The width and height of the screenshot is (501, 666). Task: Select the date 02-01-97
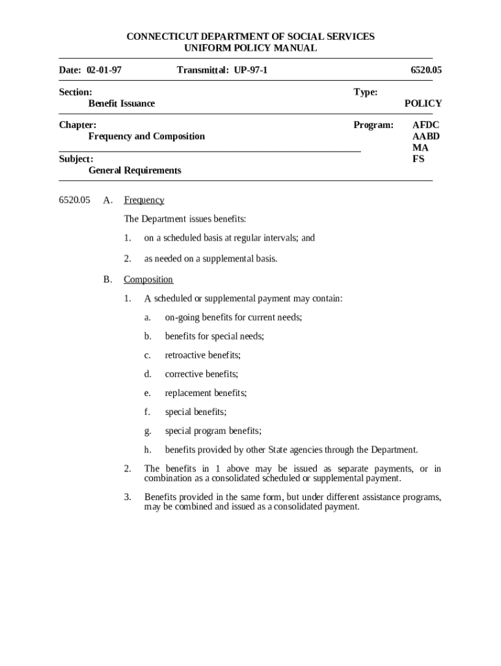(x=104, y=70)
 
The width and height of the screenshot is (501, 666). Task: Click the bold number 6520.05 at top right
(x=426, y=70)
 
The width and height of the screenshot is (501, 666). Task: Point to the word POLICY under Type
(x=423, y=103)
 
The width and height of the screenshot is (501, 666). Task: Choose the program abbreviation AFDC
(x=426, y=124)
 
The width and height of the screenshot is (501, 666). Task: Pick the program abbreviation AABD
(x=426, y=136)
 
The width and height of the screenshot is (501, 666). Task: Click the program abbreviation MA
(x=420, y=148)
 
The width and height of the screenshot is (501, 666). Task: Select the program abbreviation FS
(x=418, y=159)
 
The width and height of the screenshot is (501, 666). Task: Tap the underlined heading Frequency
(x=144, y=200)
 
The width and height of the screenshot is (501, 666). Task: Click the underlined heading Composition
(x=148, y=280)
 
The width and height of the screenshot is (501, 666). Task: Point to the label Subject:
(x=76, y=159)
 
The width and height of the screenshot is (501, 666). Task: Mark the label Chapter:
(x=78, y=124)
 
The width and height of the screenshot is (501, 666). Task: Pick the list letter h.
(x=148, y=449)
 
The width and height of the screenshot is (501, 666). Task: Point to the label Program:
(x=373, y=124)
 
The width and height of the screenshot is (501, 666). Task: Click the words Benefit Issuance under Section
(x=122, y=103)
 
